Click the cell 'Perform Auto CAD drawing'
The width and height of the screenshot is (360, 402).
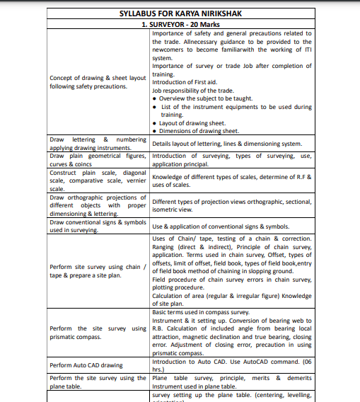(86, 365)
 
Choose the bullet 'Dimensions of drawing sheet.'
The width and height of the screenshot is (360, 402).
(199, 131)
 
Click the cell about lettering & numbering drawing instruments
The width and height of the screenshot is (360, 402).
(98, 144)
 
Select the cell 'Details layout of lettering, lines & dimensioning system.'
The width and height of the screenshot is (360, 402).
(231, 144)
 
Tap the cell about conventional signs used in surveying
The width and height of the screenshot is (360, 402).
(98, 226)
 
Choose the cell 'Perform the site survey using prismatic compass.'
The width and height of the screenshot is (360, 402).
(98, 333)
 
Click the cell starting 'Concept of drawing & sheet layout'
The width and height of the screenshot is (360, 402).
(98, 82)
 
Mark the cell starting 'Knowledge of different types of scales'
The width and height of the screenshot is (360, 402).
(231, 180)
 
